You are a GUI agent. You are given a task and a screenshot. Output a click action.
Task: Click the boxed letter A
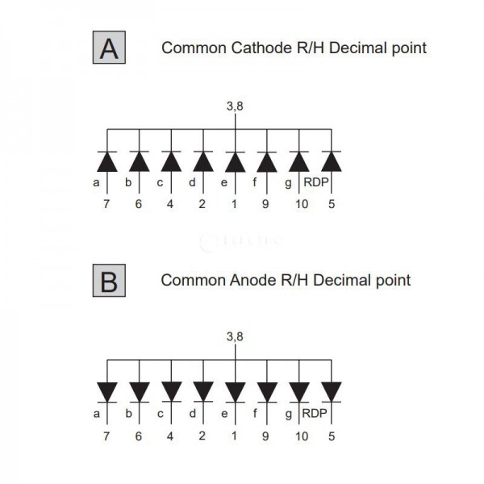[109, 48]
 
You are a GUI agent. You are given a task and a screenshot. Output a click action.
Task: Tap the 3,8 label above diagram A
[235, 105]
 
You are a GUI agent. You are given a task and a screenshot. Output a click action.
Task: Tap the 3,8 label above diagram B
[235, 337]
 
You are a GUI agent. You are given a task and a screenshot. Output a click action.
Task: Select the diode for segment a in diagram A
[106, 161]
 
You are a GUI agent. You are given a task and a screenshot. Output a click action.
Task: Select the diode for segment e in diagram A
[235, 161]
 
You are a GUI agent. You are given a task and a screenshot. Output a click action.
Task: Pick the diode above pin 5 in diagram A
[332, 161]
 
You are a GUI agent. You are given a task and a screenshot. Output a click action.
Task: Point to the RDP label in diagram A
[315, 182]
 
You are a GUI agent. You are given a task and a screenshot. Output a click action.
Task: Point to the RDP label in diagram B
[315, 415]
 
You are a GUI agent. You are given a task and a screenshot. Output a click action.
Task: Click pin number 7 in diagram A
[106, 204]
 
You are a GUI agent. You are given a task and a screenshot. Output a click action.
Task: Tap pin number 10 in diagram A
[300, 204]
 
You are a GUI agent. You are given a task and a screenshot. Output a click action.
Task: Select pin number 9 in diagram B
[267, 436]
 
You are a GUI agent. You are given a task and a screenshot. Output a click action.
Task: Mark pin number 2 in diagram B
[202, 436]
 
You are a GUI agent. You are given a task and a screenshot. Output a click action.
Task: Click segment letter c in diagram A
[160, 182]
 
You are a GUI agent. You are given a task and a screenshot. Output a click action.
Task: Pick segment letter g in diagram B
[289, 415]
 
